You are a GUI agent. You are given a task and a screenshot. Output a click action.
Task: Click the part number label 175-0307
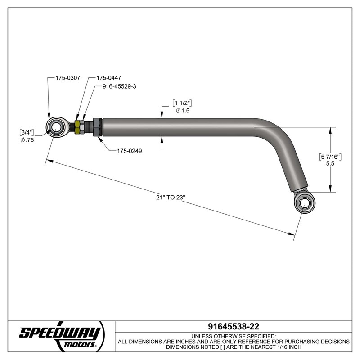click(x=67, y=78)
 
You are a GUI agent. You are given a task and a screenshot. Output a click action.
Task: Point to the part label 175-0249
click(x=127, y=151)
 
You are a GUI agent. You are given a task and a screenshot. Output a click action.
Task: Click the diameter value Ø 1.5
click(x=183, y=111)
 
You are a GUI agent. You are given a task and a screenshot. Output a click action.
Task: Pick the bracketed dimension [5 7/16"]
click(x=331, y=157)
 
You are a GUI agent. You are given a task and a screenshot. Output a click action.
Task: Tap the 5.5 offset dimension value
click(x=330, y=165)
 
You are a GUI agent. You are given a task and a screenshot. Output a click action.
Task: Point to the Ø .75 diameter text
click(x=27, y=140)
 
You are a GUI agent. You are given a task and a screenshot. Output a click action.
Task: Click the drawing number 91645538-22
click(x=234, y=326)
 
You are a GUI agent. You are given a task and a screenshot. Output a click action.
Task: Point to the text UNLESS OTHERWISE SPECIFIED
click(x=234, y=336)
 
